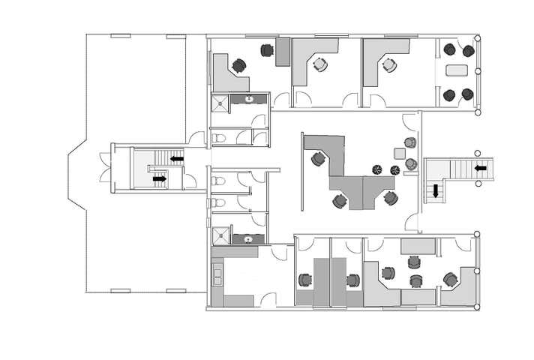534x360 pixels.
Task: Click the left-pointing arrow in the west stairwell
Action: coord(177,159)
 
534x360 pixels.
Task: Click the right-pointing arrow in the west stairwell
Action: coord(159,179)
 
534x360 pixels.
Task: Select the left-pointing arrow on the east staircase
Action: coord(480,169)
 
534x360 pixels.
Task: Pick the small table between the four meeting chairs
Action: coord(457,72)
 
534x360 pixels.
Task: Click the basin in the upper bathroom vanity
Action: coord(249,99)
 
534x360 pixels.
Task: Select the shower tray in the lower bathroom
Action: coord(220,235)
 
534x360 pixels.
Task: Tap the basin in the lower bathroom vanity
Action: coord(247,239)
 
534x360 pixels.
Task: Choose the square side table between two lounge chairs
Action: coord(400,153)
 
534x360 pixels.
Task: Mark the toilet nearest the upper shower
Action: coord(218,138)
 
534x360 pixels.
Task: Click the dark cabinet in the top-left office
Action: coord(283,52)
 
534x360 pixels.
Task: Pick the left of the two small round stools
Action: coord(378,169)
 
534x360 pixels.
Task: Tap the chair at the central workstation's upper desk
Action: coord(318,158)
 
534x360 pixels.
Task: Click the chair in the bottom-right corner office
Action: coord(450,279)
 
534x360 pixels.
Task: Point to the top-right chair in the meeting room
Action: coord(468,50)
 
